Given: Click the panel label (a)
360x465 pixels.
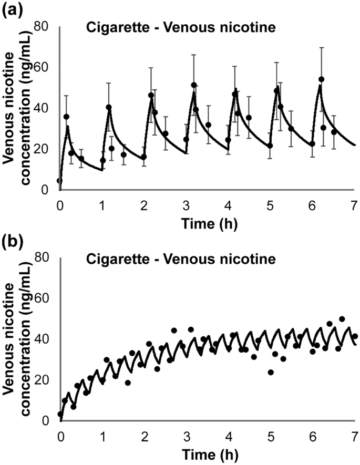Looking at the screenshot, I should tap(12, 9).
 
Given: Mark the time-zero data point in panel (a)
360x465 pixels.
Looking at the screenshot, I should tap(59, 181).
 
